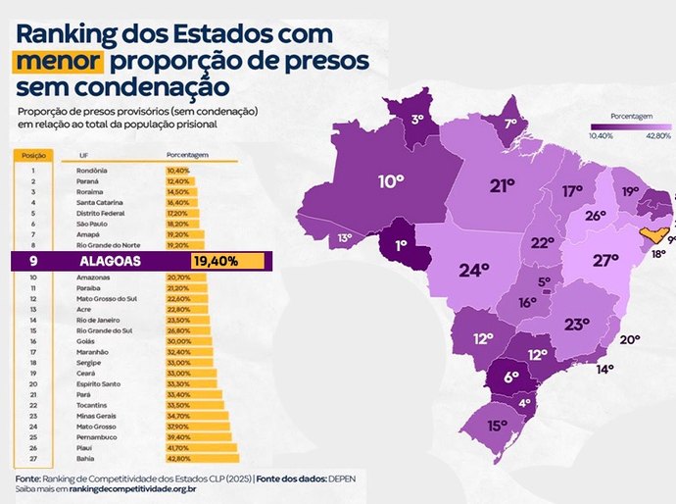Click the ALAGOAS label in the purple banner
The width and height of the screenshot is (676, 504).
[112, 262]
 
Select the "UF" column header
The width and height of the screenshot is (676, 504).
[69, 156]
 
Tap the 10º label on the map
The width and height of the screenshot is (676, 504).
[391, 181]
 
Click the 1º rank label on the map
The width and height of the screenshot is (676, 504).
[401, 245]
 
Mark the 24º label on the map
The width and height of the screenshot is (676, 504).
[473, 271]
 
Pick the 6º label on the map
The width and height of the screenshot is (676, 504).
[510, 377]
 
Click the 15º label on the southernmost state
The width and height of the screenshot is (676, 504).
[497, 426]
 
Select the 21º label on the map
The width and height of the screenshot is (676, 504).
[503, 185]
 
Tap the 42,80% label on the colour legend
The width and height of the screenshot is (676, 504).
[657, 135]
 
